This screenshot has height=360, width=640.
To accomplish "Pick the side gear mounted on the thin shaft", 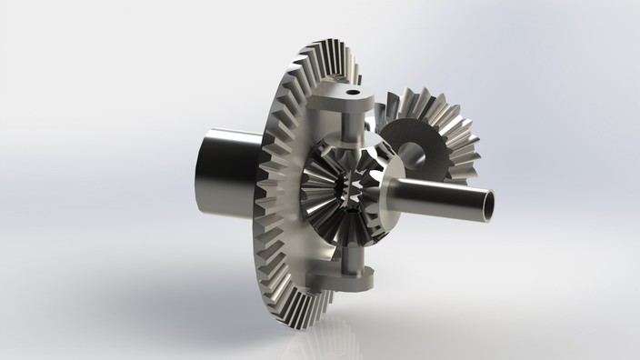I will click(x=377, y=186).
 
